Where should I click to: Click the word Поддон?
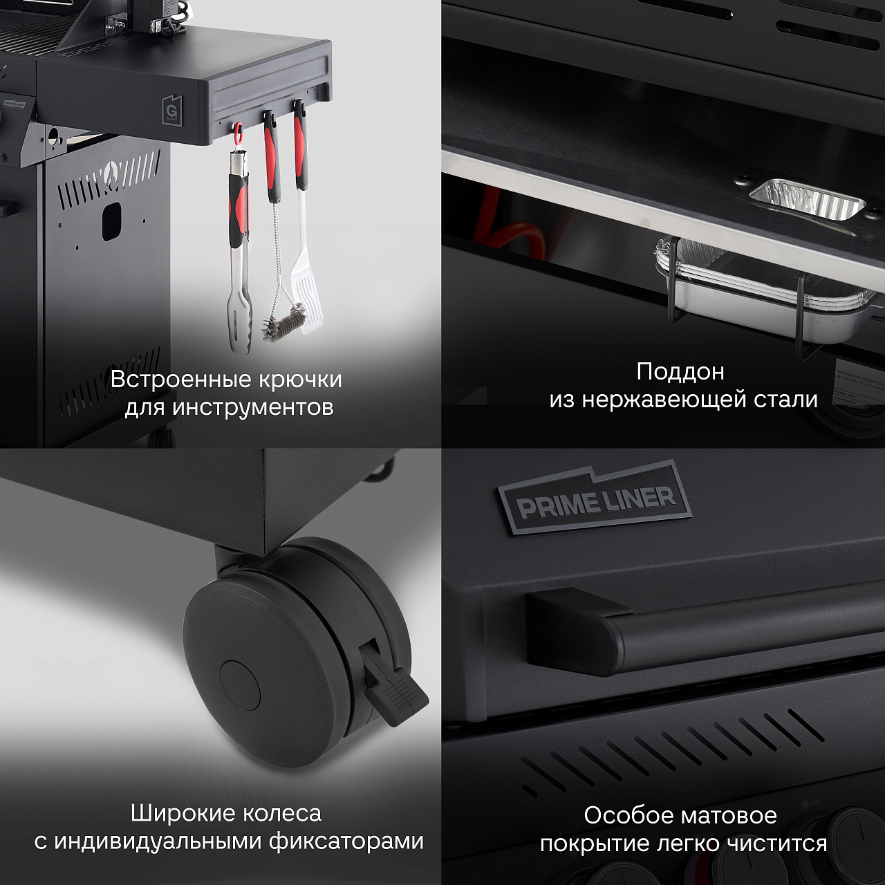click(680, 373)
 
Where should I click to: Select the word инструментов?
click(253, 408)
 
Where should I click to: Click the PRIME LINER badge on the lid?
click(595, 498)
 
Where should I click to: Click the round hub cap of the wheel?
click(240, 686)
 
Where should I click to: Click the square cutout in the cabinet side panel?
click(111, 221)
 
